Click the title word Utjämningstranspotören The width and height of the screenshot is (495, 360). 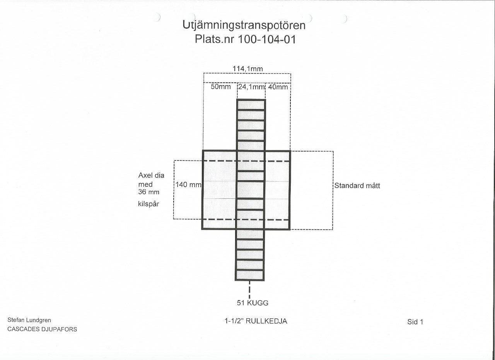[244, 26]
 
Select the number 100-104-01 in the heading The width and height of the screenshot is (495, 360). [267, 39]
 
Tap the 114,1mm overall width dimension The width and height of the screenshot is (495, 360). [247, 69]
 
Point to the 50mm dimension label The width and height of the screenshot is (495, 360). [220, 87]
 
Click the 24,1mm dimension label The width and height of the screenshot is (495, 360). [251, 87]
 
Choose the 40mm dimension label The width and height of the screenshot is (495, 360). [278, 87]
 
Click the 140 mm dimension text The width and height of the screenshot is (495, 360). [188, 185]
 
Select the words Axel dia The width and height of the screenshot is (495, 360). [151, 176]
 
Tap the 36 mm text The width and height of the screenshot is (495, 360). [149, 192]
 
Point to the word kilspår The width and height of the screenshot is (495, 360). [148, 204]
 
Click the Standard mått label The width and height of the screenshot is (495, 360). [357, 186]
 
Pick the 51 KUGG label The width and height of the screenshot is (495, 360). [253, 303]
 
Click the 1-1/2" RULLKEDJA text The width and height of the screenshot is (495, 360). [256, 321]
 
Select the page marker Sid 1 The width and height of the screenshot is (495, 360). [415, 322]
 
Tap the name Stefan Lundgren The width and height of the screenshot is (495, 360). [29, 320]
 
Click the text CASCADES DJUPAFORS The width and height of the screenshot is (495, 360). [42, 329]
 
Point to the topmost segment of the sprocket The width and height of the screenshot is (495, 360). [251, 105]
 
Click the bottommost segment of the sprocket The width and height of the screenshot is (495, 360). [249, 275]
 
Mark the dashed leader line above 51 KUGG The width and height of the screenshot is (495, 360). [250, 289]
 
